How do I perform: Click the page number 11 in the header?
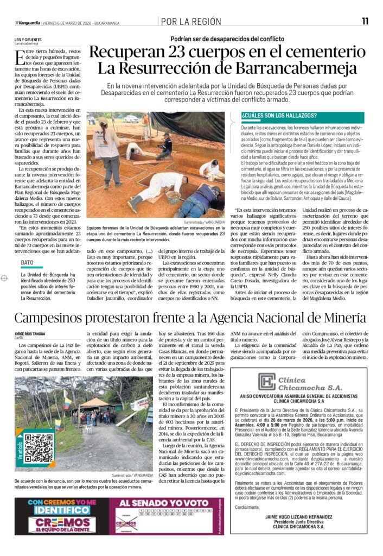(365, 21)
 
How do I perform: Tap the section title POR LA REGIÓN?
(191, 22)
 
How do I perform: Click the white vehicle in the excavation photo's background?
(132, 119)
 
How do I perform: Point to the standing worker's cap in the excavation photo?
(103, 125)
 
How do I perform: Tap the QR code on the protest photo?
(38, 448)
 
